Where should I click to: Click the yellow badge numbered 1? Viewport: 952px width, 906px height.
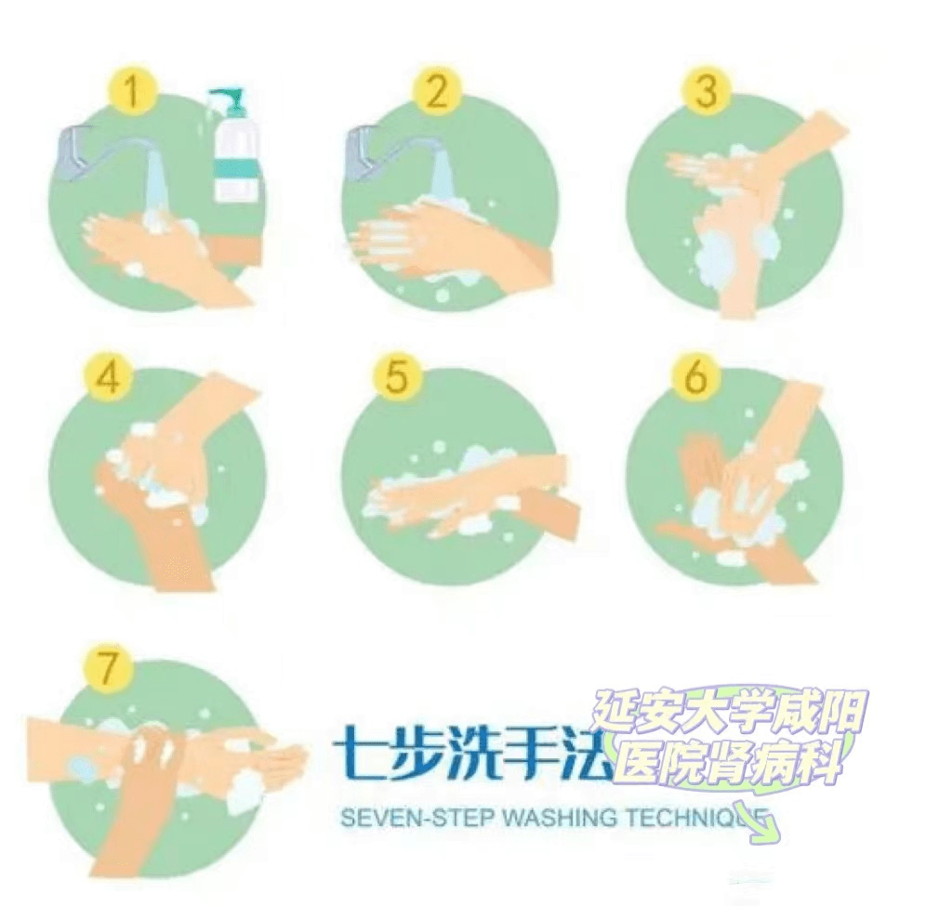pyautogui.click(x=132, y=91)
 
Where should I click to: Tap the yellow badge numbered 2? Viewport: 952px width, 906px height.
pyautogui.click(x=436, y=91)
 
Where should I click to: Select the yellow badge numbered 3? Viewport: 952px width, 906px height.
pyautogui.click(x=707, y=91)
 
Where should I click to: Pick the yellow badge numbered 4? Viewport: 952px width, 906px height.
pyautogui.click(x=108, y=379)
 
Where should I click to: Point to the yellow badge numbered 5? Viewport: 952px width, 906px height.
pyautogui.click(x=396, y=375)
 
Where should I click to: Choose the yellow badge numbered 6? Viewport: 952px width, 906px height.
pyautogui.click(x=696, y=375)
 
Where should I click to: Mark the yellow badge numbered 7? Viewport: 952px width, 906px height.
pyautogui.click(x=108, y=667)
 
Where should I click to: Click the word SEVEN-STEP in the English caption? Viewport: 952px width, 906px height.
pyautogui.click(x=417, y=818)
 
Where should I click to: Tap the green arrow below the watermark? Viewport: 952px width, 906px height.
pyautogui.click(x=755, y=821)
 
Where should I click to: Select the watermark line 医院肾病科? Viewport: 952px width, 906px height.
pyautogui.click(x=729, y=763)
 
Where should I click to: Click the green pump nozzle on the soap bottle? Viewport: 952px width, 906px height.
pyautogui.click(x=225, y=101)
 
